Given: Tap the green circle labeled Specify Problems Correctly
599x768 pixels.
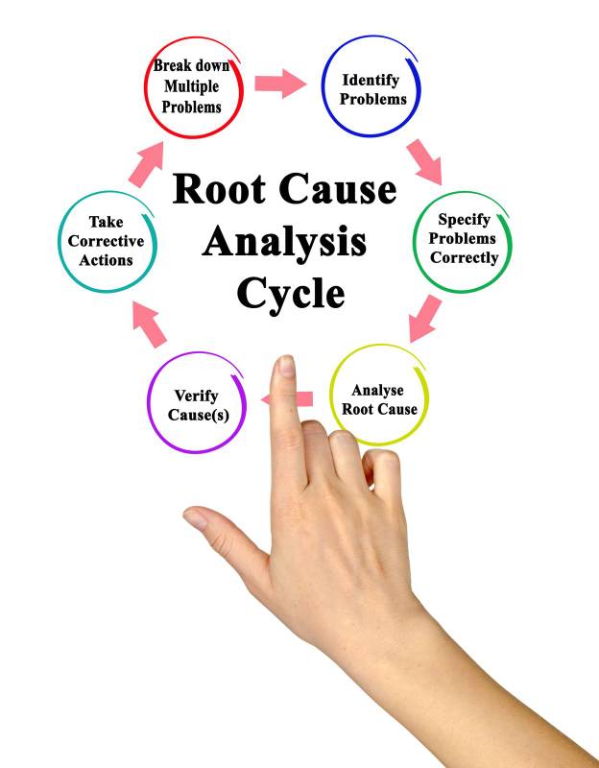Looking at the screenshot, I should [463, 239].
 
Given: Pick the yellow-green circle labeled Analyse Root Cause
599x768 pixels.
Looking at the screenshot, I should [380, 398].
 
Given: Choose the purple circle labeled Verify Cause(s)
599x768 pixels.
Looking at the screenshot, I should [196, 403].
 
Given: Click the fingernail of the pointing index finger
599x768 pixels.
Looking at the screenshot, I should [286, 369].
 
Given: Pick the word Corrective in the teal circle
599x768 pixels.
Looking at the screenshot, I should [106, 241].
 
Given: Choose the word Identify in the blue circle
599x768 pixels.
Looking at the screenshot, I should [371, 80].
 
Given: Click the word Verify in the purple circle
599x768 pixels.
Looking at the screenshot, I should [196, 395].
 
